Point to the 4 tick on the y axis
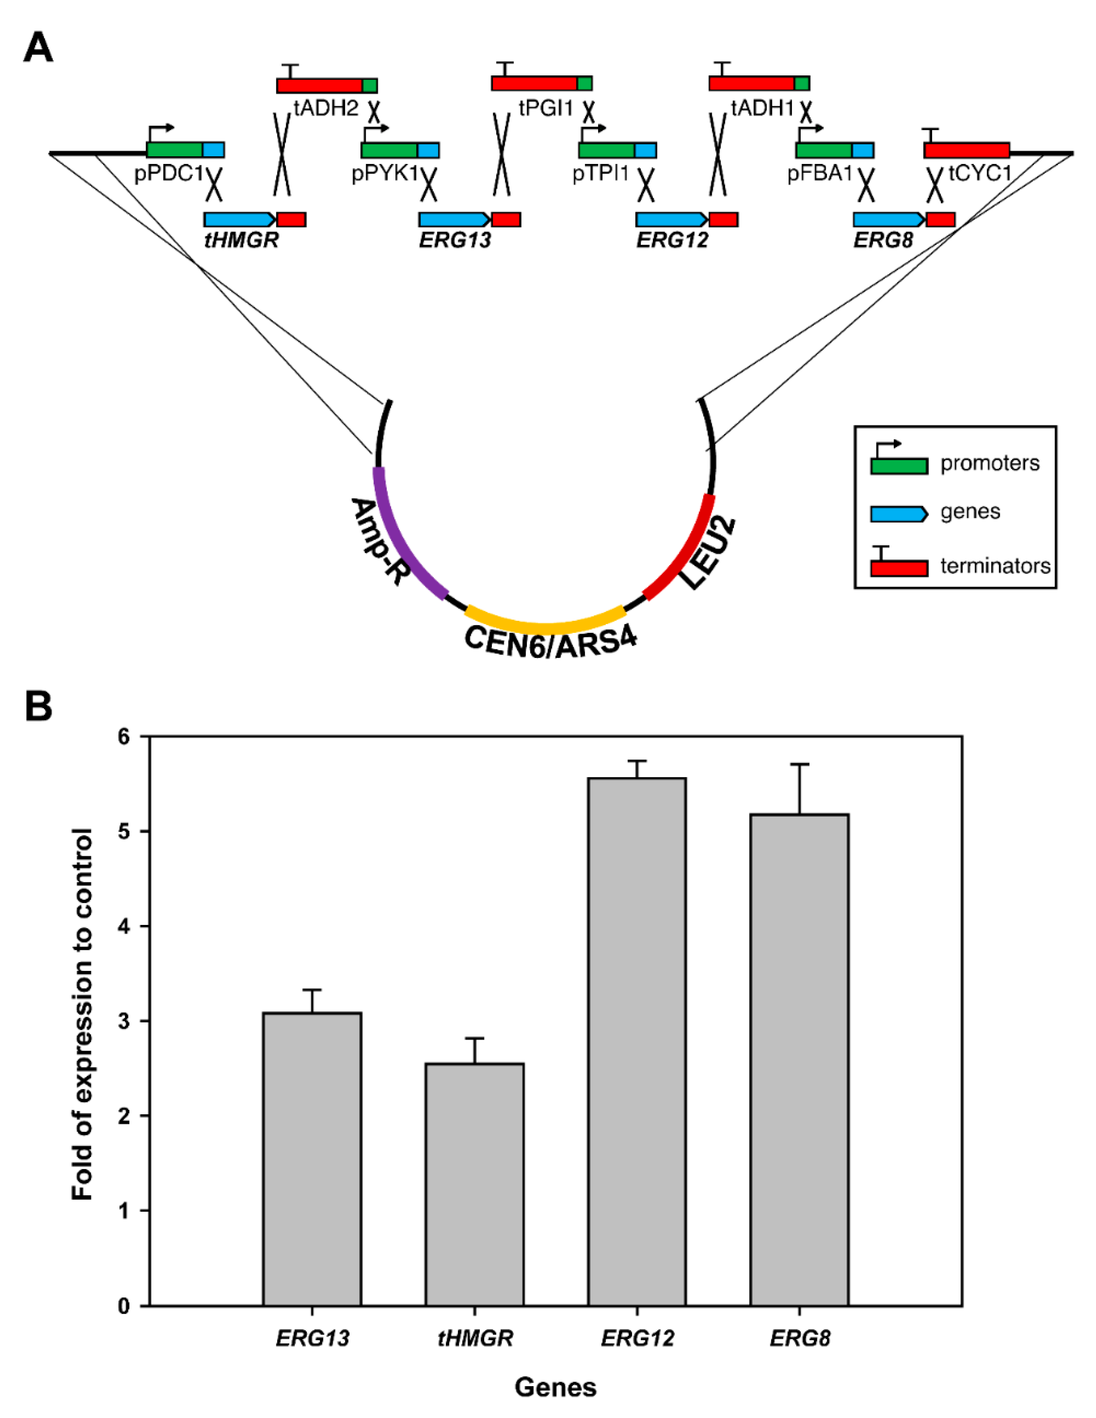(x=123, y=927)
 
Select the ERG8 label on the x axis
(x=799, y=1338)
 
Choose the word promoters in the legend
(x=990, y=463)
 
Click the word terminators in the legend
(x=995, y=566)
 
